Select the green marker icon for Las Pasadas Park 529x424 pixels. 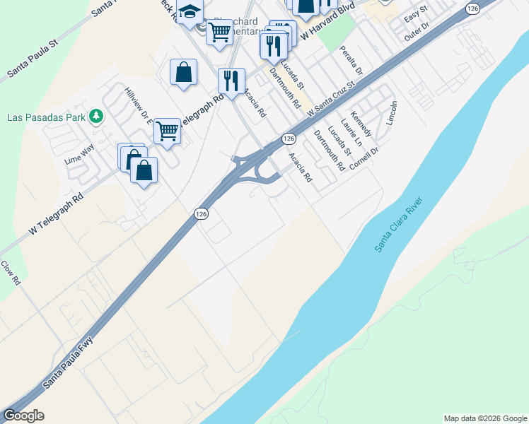click(97, 116)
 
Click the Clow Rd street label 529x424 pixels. click(11, 273)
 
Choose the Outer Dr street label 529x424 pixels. click(417, 32)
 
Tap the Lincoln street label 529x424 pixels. click(393, 113)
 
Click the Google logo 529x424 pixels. click(23, 416)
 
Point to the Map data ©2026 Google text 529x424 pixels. click(485, 418)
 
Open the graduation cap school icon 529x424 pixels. click(190, 12)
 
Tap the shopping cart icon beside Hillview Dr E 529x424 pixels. click(167, 130)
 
